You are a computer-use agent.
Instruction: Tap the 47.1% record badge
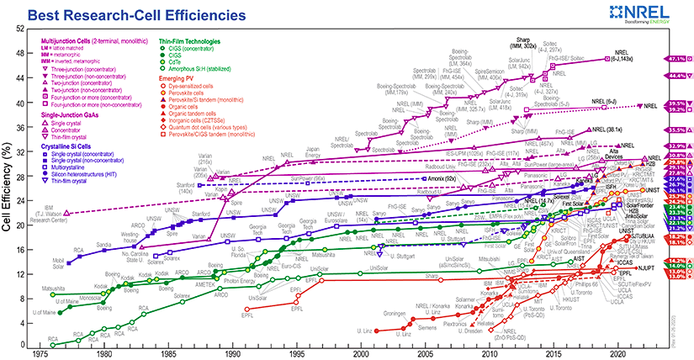point(678,59)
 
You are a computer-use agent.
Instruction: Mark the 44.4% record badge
point(678,76)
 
